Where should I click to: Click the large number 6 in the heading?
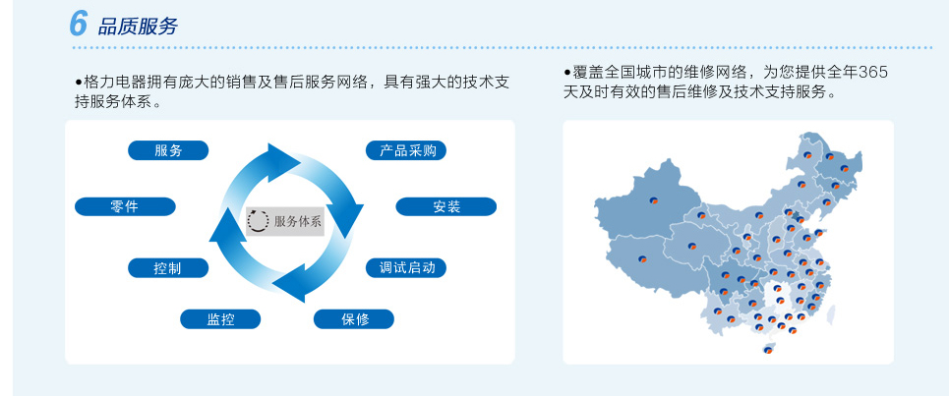coord(79,24)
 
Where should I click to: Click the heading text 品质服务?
coord(138,27)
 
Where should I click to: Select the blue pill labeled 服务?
coord(168,150)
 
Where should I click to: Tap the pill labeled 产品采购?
coord(406,150)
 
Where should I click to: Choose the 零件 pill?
coord(125,206)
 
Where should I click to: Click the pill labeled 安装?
coord(446,206)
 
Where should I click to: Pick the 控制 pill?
coord(168,268)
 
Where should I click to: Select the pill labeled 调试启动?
coord(406,268)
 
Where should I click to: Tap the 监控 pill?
coord(220,319)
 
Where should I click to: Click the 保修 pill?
coord(354,319)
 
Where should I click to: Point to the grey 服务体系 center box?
coord(285,221)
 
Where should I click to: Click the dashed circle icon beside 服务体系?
coord(259,221)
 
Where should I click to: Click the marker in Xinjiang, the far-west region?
coord(654,200)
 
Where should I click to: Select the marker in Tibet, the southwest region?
coord(643,258)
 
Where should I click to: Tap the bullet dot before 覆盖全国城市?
coord(567,73)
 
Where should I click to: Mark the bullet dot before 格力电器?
coord(79,82)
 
